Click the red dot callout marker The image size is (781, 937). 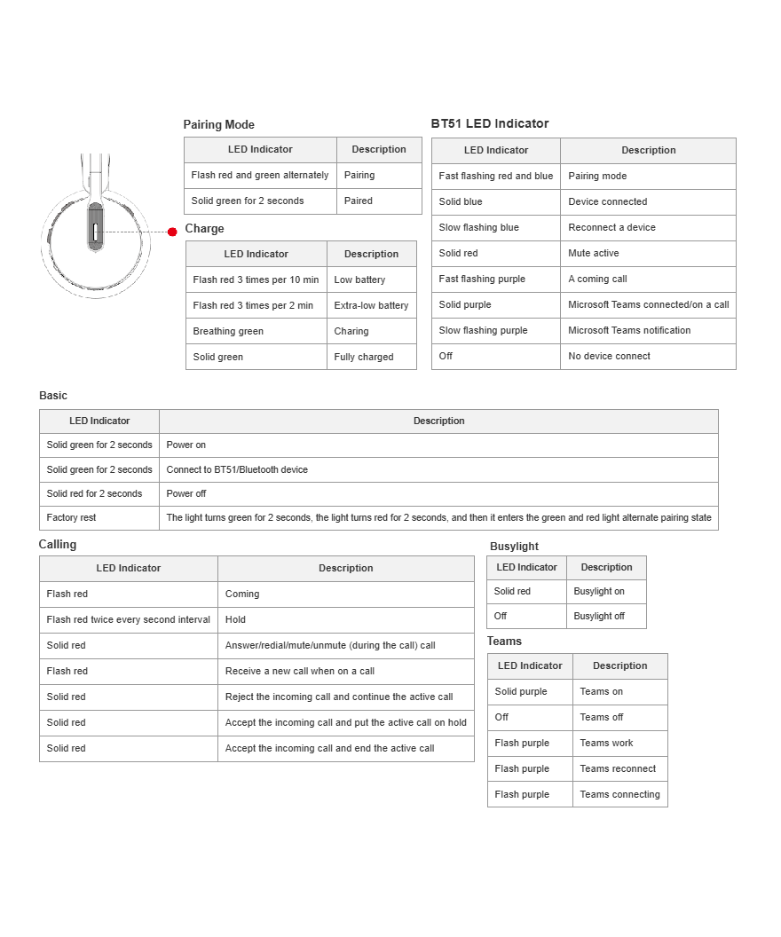pyautogui.click(x=172, y=232)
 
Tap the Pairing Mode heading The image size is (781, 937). pyautogui.click(x=218, y=125)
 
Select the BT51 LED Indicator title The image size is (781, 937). pyautogui.click(x=490, y=123)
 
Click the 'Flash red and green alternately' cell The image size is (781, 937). pyautogui.click(x=260, y=176)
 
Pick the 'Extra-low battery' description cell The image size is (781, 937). pyautogui.click(x=371, y=305)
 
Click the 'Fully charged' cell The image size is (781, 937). pyautogui.click(x=364, y=357)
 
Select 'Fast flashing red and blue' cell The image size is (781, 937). pyautogui.click(x=495, y=176)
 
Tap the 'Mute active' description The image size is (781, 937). pyautogui.click(x=594, y=253)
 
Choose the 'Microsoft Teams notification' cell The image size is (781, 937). pyautogui.click(x=629, y=330)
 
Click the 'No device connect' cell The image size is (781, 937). pyautogui.click(x=609, y=356)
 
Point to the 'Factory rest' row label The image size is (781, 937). pyautogui.click(x=71, y=517)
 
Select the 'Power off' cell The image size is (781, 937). pyautogui.click(x=186, y=493)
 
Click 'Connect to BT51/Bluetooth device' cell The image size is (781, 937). pyautogui.click(x=237, y=469)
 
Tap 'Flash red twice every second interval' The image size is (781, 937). pyautogui.click(x=129, y=619)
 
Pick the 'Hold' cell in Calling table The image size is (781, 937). pyautogui.click(x=235, y=619)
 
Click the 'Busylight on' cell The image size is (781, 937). pyautogui.click(x=599, y=591)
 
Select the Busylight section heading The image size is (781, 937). pyautogui.click(x=514, y=547)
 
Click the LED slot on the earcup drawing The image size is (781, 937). pyautogui.click(x=95, y=232)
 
